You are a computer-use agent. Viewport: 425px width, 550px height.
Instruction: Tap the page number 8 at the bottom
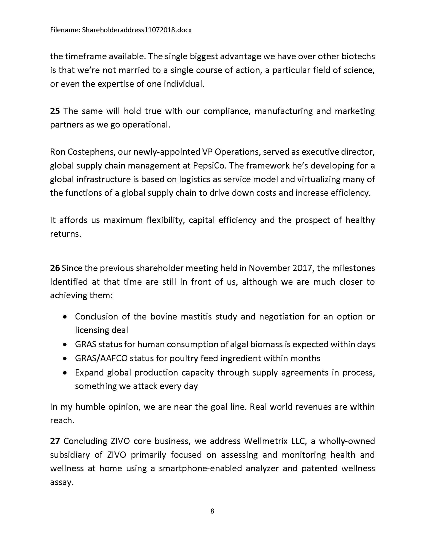tap(212, 511)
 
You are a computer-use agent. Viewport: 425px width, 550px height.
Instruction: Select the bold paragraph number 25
tap(55, 111)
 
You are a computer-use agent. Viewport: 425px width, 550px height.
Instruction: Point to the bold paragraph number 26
tap(55, 268)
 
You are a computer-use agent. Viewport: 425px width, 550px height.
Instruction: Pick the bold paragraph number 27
tap(55, 441)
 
